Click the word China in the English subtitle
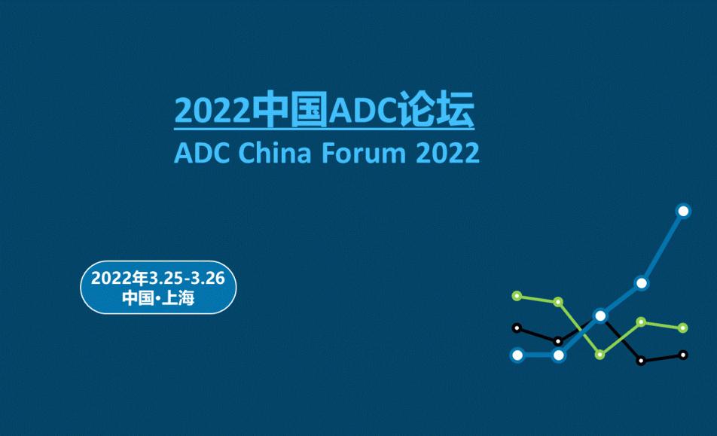pyautogui.click(x=274, y=152)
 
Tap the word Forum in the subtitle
pyautogui.click(x=364, y=152)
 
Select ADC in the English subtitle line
pyautogui.click(x=202, y=153)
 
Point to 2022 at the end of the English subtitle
pyautogui.click(x=447, y=153)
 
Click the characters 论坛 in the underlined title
pyautogui.click(x=435, y=109)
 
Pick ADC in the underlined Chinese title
pyautogui.click(x=362, y=111)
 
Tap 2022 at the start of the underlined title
pyautogui.click(x=212, y=111)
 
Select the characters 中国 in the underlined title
pyautogui.click(x=290, y=109)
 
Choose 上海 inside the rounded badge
pyautogui.click(x=178, y=298)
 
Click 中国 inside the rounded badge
pyautogui.click(x=138, y=298)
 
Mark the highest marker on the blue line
pyautogui.click(x=683, y=211)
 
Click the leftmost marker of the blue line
pyautogui.click(x=517, y=355)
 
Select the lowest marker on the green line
pyautogui.click(x=600, y=355)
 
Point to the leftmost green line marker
pyautogui.click(x=517, y=296)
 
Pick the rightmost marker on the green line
pyautogui.click(x=682, y=328)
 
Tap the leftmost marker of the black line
pyautogui.click(x=517, y=328)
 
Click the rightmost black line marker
pyautogui.click(x=683, y=355)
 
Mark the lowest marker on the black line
pyautogui.click(x=641, y=361)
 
